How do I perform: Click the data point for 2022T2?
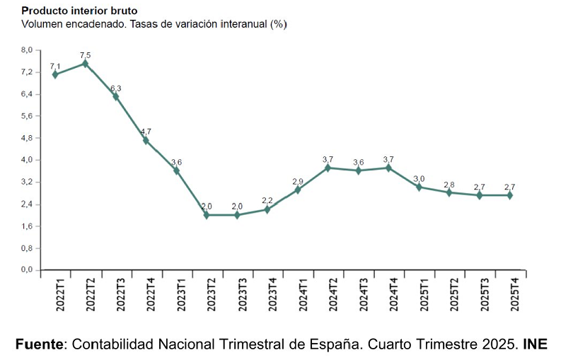click(x=85, y=64)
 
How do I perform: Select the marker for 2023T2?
click(x=207, y=215)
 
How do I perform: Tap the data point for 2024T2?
click(x=328, y=168)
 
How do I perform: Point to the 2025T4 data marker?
click(x=509, y=195)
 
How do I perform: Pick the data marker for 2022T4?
click(x=146, y=140)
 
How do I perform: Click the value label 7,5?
click(x=85, y=54)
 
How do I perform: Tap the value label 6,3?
click(x=116, y=88)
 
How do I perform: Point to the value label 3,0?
click(x=419, y=178)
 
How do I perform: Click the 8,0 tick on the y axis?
click(x=27, y=50)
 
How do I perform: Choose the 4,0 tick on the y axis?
click(x=27, y=160)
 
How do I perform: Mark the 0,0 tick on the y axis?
click(x=27, y=269)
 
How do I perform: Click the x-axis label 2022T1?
click(x=55, y=294)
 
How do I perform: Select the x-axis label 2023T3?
click(x=237, y=294)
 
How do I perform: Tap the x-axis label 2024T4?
click(x=388, y=294)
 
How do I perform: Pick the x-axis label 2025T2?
click(x=449, y=294)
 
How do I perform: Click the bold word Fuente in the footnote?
click(x=40, y=344)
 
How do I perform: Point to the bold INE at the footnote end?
click(x=535, y=344)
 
